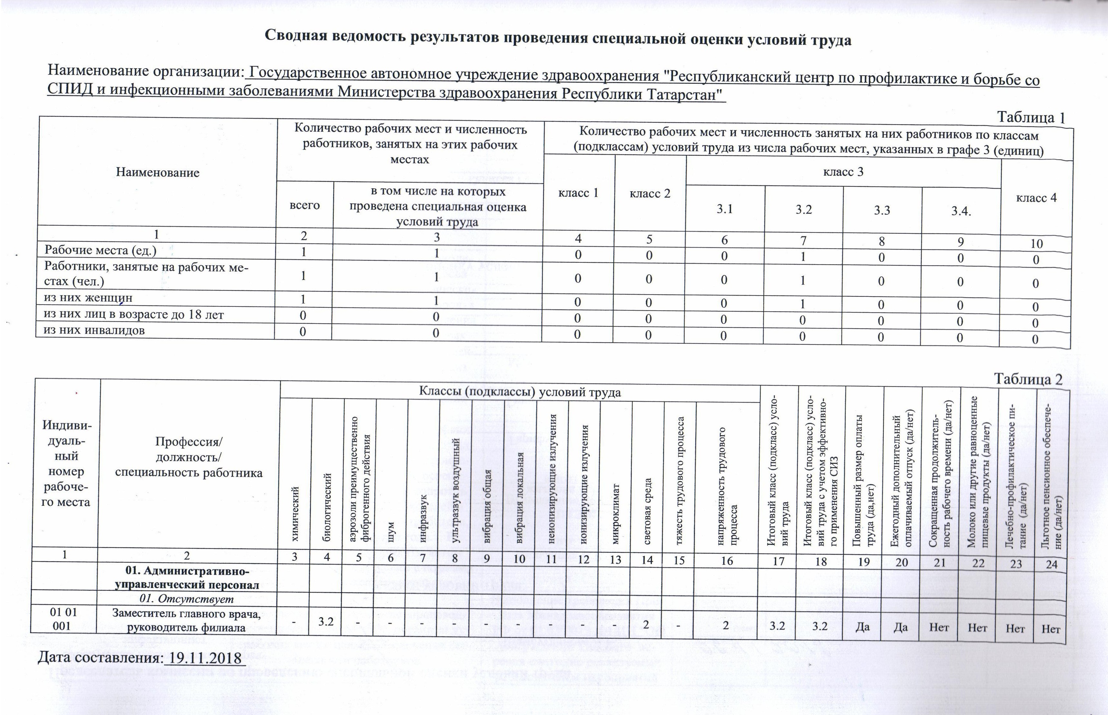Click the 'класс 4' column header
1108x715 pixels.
[x=1036, y=198]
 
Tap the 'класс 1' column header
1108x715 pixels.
[x=578, y=193]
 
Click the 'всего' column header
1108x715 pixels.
[x=305, y=205]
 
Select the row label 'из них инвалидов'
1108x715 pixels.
[x=94, y=331]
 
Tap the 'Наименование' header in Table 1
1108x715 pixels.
[x=158, y=173]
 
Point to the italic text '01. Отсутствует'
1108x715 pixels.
[x=187, y=599]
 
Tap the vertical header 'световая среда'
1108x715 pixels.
[x=648, y=511]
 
